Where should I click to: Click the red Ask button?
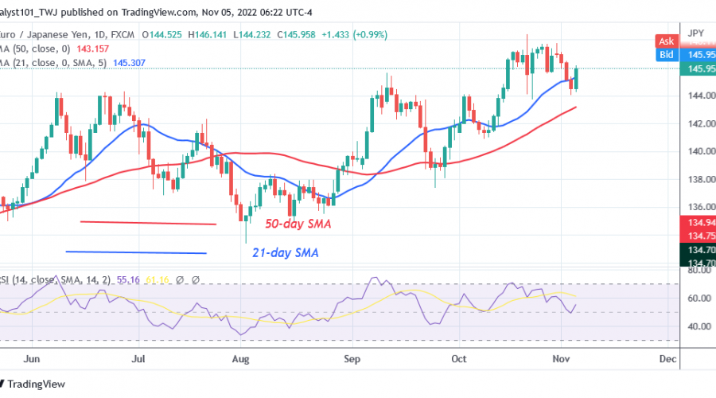point(665,40)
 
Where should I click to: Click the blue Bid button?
point(665,55)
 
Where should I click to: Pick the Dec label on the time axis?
point(667,359)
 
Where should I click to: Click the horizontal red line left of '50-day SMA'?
point(147,224)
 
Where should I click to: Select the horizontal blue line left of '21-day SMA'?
point(136,252)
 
